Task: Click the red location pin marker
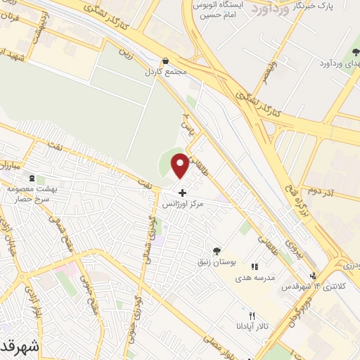[x=181, y=166]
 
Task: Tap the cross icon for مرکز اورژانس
[x=183, y=192]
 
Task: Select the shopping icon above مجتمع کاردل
[x=165, y=61]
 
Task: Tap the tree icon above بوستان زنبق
[x=217, y=250]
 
